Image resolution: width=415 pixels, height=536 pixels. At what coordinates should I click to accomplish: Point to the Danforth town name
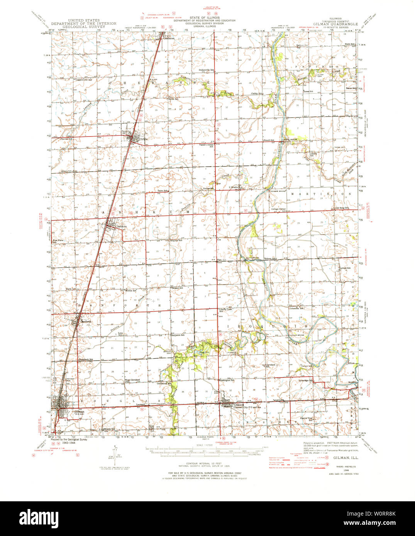click(86, 321)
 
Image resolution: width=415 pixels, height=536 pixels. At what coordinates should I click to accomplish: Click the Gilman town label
click(79, 411)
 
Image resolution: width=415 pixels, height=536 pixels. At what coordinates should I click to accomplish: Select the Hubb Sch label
click(350, 44)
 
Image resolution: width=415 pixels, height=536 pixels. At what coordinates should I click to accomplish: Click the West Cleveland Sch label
click(132, 381)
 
